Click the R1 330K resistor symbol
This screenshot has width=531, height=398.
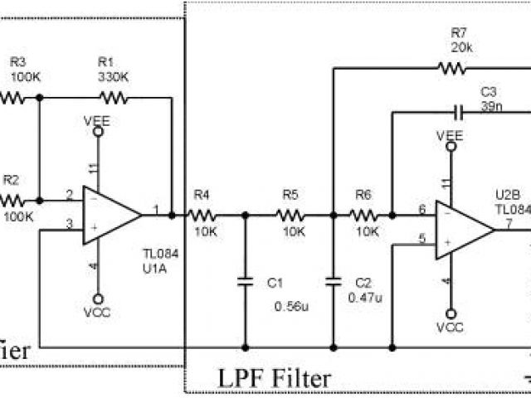(114, 98)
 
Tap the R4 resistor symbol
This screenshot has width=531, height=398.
(202, 215)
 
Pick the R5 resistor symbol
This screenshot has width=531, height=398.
(290, 215)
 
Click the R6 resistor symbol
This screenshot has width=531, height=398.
(363, 215)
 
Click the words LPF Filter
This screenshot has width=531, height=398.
(275, 379)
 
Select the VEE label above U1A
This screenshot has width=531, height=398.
(97, 121)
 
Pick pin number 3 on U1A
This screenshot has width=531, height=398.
(70, 222)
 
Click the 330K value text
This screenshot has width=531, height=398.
(113, 76)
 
